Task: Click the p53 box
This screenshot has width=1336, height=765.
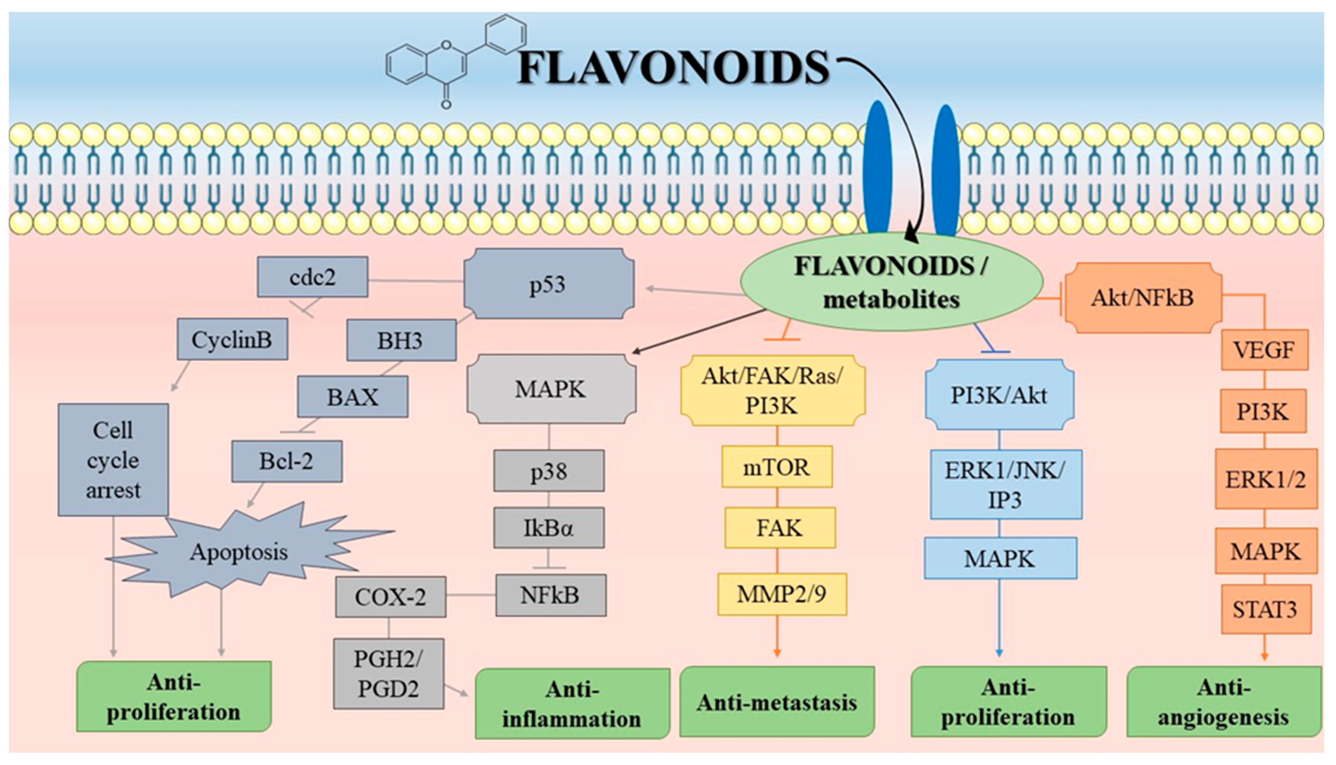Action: click(x=549, y=284)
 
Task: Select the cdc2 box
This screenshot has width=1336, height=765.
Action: click(x=312, y=277)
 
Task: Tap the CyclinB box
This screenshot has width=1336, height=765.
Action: click(x=232, y=339)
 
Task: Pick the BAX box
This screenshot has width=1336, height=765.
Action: click(x=352, y=397)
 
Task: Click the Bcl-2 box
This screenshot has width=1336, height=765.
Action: click(x=286, y=461)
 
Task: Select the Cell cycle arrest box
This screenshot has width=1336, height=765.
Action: click(x=113, y=460)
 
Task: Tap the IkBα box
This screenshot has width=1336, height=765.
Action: click(x=549, y=527)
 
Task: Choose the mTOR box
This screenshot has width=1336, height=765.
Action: click(x=777, y=467)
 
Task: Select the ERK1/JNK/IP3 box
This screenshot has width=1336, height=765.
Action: click(x=1005, y=485)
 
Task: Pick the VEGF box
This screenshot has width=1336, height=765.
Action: click(x=1264, y=350)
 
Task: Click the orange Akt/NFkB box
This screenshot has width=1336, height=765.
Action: click(x=1143, y=298)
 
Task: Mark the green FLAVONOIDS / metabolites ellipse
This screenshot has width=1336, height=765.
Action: click(x=891, y=283)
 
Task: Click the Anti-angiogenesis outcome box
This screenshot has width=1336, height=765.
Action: click(x=1224, y=702)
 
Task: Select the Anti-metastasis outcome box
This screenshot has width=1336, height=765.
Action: click(x=777, y=702)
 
